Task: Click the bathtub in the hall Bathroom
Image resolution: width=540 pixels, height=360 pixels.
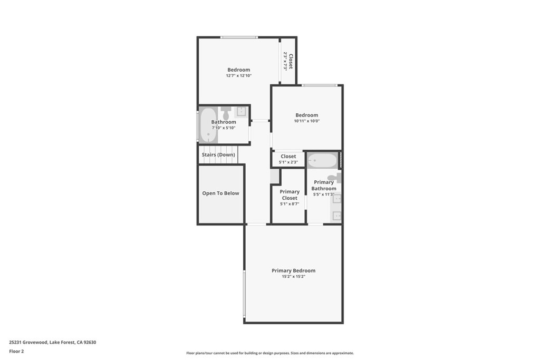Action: [x=208, y=125]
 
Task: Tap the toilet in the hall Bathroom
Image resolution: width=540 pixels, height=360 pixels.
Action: [x=226, y=113]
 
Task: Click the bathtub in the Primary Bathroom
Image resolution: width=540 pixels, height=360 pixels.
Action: [x=322, y=160]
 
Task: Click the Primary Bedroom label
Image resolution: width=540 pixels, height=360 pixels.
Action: [x=293, y=270]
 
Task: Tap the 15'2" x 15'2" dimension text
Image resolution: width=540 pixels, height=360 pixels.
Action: [x=294, y=276]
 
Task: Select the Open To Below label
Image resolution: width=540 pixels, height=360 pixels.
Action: [x=220, y=193]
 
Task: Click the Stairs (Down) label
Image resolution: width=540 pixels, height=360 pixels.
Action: [x=218, y=155]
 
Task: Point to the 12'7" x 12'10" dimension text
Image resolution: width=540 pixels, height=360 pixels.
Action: [x=239, y=75]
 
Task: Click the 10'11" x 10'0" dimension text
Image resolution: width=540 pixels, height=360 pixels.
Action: [x=307, y=121]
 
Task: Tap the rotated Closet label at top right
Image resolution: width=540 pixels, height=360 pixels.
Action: [x=291, y=61]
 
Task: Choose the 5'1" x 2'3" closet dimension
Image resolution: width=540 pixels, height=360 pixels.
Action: [x=288, y=162]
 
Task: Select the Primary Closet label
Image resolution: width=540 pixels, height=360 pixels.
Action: [x=290, y=195]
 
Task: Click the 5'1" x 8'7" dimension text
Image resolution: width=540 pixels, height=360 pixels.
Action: [x=290, y=204]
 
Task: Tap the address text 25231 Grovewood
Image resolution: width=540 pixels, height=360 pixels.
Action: [x=28, y=342]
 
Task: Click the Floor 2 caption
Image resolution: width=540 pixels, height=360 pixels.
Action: [x=16, y=352]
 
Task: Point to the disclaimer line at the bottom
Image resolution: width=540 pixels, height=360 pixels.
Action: [x=270, y=353]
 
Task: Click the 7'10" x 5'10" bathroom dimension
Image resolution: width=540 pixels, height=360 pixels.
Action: [x=224, y=128]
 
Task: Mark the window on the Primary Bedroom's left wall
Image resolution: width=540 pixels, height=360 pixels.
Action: [x=244, y=293]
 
